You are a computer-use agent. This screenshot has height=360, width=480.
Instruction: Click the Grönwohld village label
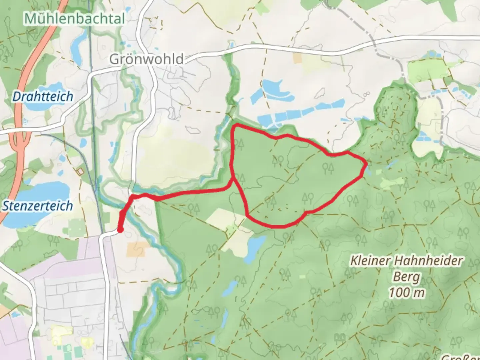[x=146, y=59]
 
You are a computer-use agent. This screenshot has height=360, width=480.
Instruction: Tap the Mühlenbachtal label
[x=74, y=18]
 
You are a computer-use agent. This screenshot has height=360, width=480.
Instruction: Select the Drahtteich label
[x=43, y=97]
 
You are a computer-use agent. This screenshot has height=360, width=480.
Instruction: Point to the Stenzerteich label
[x=38, y=206]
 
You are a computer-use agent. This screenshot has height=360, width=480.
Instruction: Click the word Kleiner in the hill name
[x=370, y=261]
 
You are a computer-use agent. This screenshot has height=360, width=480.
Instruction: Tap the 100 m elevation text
[x=407, y=293]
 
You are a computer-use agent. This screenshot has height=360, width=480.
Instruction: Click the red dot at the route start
[x=120, y=230]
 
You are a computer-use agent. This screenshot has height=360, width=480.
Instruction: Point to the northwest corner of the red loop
[x=235, y=126]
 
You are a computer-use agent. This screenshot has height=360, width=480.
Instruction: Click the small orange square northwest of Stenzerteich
[x=80, y=171]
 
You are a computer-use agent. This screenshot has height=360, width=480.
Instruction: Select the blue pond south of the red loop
[x=256, y=246]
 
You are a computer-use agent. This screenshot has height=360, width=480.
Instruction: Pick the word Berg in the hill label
[x=406, y=277]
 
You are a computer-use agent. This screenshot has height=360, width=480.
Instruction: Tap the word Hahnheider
[x=428, y=261]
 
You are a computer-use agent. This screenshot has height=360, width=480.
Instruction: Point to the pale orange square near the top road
[x=297, y=58]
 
